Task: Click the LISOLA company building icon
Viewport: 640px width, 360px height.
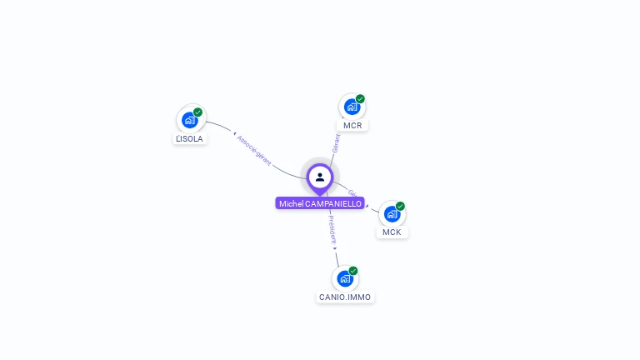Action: tap(189, 120)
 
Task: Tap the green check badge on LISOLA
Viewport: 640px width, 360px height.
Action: tap(197, 112)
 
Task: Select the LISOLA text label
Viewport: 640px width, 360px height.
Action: tap(189, 139)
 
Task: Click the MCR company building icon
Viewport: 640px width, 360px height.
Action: tap(352, 107)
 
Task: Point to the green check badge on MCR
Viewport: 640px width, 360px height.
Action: tap(360, 98)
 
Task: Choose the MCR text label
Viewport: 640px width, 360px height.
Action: tap(352, 126)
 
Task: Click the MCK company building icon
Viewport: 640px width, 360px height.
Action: tap(392, 214)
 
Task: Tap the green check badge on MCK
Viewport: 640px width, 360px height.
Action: tap(400, 206)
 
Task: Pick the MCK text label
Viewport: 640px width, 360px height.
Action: tap(392, 232)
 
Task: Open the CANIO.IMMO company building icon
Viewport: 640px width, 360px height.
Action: tap(345, 278)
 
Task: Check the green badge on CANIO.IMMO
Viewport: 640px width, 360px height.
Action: tap(353, 270)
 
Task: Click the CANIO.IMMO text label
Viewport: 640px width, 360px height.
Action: tap(345, 297)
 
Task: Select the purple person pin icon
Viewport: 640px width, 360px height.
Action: tap(320, 177)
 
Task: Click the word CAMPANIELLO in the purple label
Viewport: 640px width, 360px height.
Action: tap(333, 203)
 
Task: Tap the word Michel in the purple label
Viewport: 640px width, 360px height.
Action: tap(291, 203)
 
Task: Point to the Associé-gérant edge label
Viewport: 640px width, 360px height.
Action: tap(253, 149)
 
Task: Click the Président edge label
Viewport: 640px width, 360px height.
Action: tap(331, 226)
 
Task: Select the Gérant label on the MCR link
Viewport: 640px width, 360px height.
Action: tap(337, 143)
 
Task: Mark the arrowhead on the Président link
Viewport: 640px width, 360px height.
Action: tap(335, 247)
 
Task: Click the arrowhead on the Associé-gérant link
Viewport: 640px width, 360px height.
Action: tap(235, 134)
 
